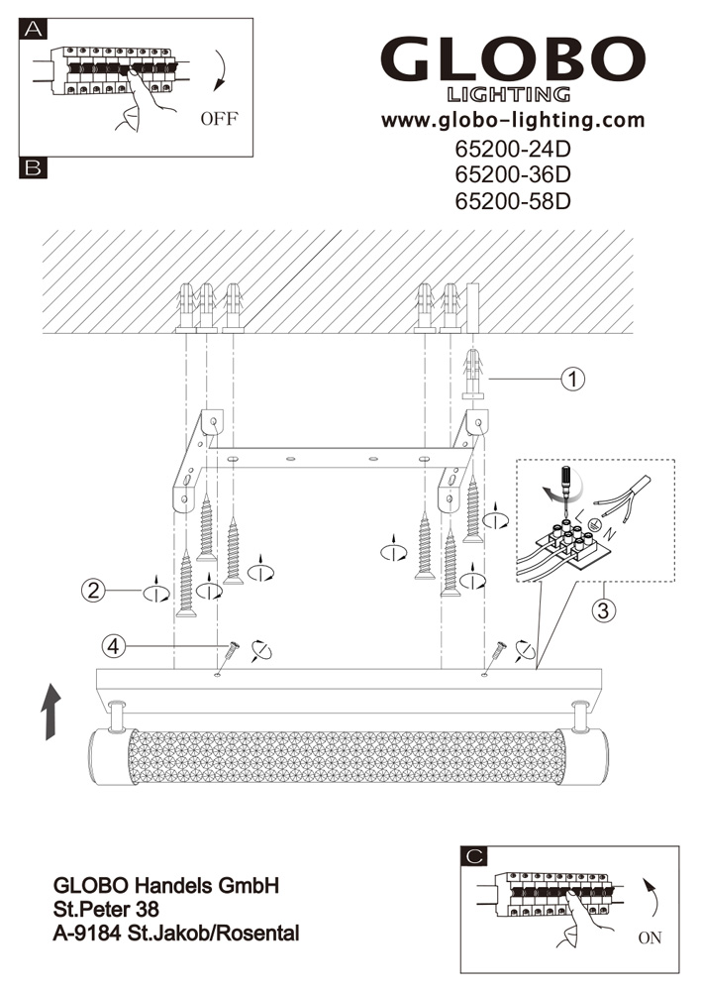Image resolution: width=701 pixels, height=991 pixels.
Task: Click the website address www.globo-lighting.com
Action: click(x=513, y=121)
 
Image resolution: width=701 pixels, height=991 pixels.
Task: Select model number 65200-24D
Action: click(x=513, y=151)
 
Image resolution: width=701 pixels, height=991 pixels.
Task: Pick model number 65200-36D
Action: click(x=513, y=175)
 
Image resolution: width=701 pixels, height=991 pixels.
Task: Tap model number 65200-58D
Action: click(x=513, y=201)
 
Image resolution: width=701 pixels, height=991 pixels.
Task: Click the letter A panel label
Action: click(x=33, y=30)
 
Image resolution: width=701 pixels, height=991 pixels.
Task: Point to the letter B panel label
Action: click(x=33, y=168)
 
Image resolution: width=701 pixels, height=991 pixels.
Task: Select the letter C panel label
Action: click(x=475, y=855)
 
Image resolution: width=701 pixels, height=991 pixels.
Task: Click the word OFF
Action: click(x=219, y=120)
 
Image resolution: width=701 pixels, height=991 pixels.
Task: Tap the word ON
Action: click(x=651, y=936)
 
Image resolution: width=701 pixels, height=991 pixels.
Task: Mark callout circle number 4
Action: click(x=114, y=646)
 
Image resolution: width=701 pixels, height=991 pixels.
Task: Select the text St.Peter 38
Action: click(x=105, y=908)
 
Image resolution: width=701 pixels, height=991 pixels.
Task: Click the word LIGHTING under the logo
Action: click(x=509, y=95)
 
